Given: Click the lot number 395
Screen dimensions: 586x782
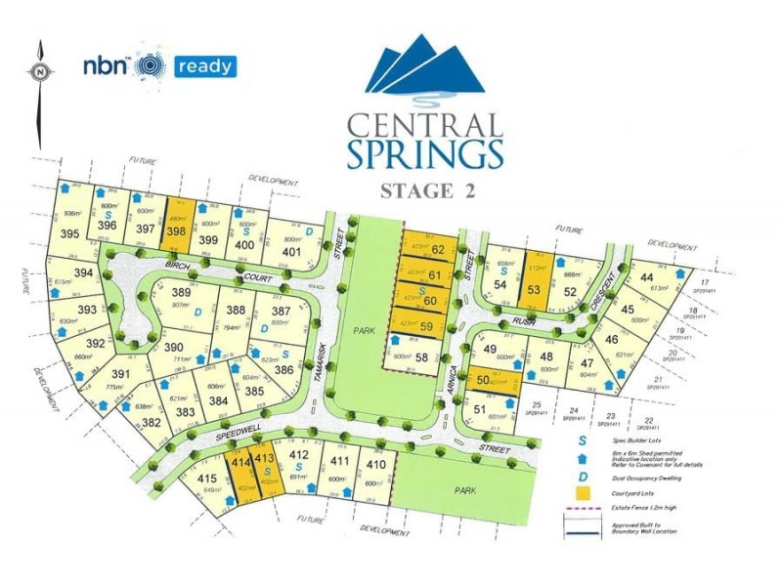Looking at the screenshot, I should point(69,233).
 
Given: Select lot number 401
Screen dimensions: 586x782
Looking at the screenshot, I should point(291,251).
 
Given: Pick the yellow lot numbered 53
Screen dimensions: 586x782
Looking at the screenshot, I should point(534,288).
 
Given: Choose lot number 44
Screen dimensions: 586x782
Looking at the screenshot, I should point(646,278).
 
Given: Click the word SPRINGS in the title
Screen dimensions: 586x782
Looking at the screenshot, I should point(425,153).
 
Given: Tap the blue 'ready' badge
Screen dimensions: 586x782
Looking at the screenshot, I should point(205,66).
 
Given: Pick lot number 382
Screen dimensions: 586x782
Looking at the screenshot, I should point(152,423).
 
